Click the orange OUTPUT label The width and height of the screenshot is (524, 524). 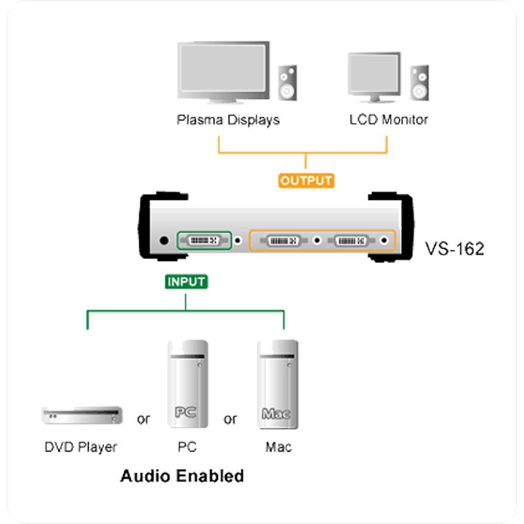pyautogui.click(x=307, y=181)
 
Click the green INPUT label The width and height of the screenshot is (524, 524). pyautogui.click(x=187, y=281)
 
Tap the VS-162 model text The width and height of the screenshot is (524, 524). pyautogui.click(x=454, y=248)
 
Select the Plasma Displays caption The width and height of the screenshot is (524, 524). pyautogui.click(x=228, y=120)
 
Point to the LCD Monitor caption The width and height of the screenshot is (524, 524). pyautogui.click(x=389, y=120)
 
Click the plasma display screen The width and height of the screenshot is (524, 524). pyautogui.click(x=223, y=67)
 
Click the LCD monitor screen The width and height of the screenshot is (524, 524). pyautogui.click(x=374, y=74)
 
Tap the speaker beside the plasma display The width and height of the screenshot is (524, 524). pyautogui.click(x=287, y=83)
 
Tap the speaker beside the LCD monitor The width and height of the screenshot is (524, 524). pyautogui.click(x=419, y=83)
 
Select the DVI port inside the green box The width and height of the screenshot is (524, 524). pyautogui.click(x=203, y=241)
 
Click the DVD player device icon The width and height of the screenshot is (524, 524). pyautogui.click(x=82, y=415)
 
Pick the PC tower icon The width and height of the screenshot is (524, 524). pyautogui.click(x=187, y=385)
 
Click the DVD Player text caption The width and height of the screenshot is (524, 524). pyautogui.click(x=81, y=447)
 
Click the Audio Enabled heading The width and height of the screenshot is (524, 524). pyautogui.click(x=182, y=476)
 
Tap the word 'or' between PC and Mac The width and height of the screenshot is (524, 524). pyautogui.click(x=230, y=420)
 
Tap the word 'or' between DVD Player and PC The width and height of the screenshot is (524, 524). pyautogui.click(x=143, y=420)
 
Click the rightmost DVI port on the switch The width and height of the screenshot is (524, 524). pyautogui.click(x=351, y=241)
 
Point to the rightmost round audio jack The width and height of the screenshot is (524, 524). pyautogui.click(x=386, y=241)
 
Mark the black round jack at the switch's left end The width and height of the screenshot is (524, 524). pyautogui.click(x=164, y=241)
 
